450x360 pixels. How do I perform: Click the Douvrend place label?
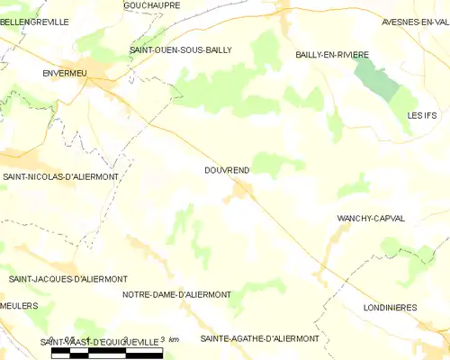[226, 169]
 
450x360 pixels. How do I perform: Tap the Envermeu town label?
[64, 76]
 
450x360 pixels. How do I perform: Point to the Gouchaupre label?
[151, 5]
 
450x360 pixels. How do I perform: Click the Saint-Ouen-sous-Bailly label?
[180, 50]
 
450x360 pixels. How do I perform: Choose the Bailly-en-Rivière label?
[332, 55]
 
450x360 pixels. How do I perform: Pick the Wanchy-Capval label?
[370, 219]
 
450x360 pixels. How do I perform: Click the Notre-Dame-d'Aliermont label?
[176, 294]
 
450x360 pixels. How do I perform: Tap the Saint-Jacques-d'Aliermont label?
[67, 279]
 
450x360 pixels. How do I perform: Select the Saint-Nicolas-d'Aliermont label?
[60, 177]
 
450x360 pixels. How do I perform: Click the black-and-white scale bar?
[106, 352]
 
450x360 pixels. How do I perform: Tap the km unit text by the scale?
[174, 340]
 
